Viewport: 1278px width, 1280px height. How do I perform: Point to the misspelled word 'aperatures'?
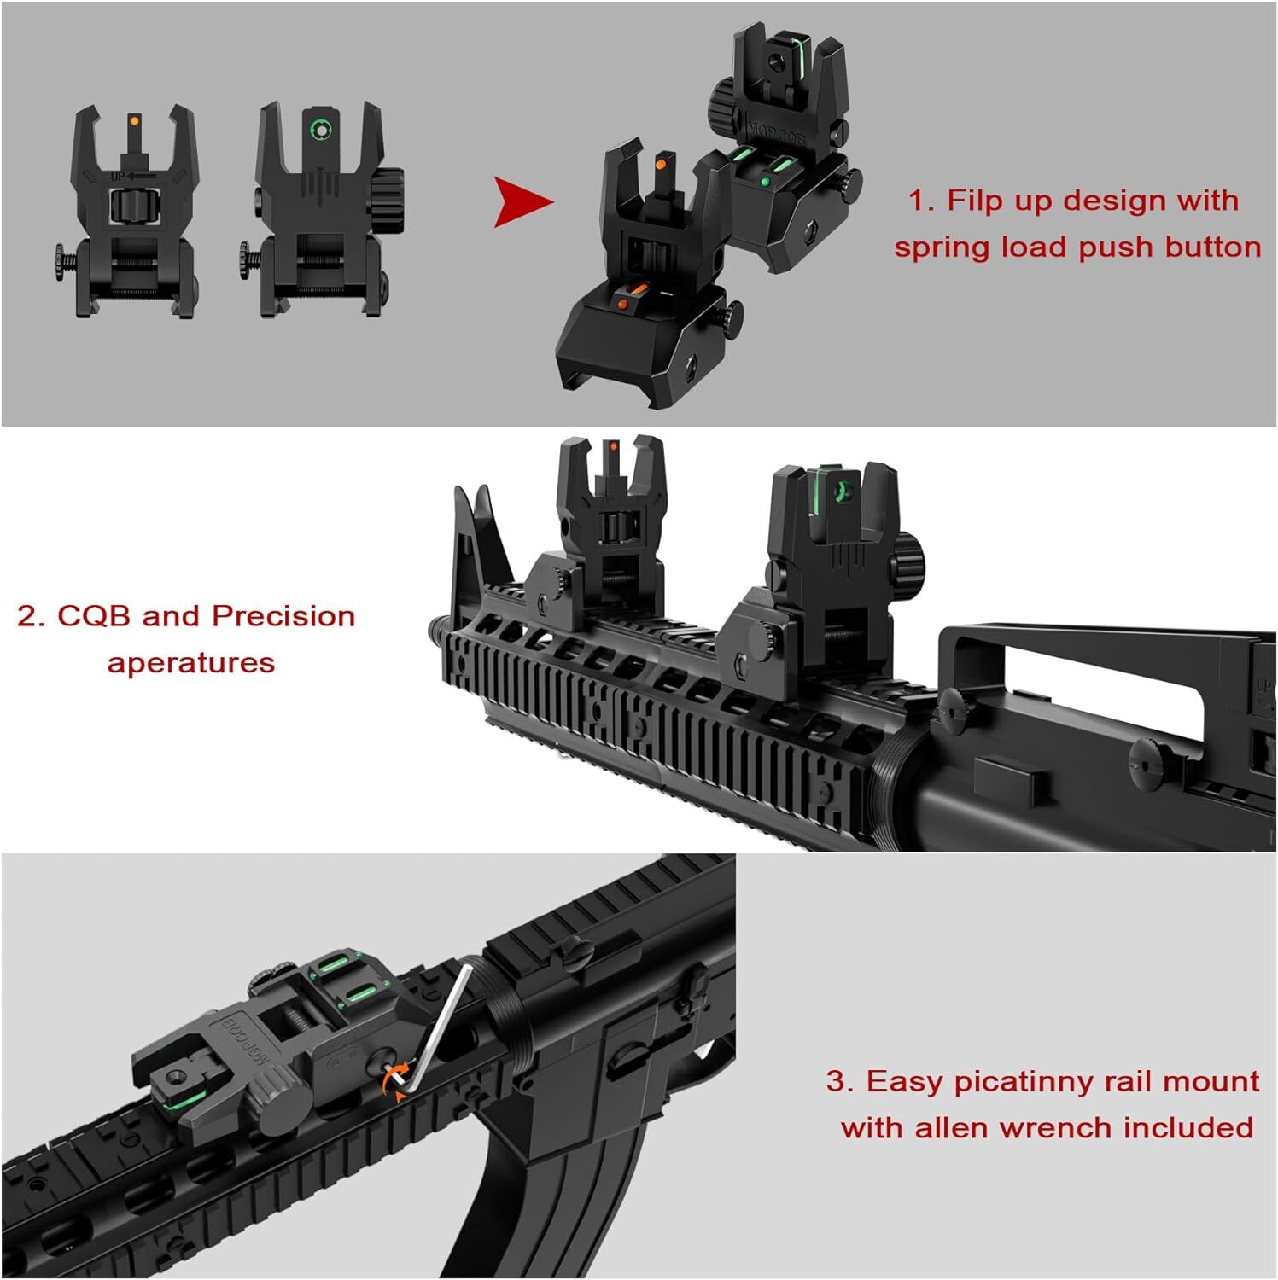click(191, 663)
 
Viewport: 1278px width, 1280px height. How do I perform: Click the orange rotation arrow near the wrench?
click(394, 1081)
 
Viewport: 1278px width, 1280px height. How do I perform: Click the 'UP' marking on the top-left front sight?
click(118, 176)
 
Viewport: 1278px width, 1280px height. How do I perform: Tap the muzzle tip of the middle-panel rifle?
click(435, 632)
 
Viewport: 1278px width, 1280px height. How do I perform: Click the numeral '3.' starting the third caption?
click(839, 1081)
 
